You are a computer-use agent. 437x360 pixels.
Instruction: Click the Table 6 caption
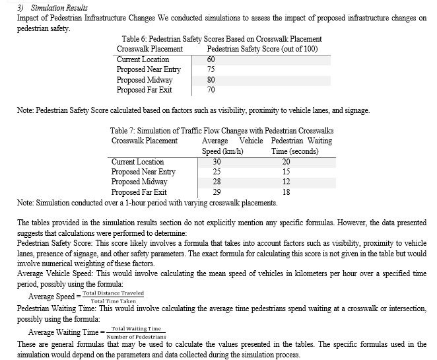[x=222, y=40]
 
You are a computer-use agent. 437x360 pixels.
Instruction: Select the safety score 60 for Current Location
[x=211, y=59]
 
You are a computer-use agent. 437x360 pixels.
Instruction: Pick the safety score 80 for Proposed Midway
[x=211, y=80]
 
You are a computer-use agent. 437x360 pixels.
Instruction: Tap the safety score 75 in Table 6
[x=211, y=69]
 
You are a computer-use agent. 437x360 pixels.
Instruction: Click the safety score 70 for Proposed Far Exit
[x=211, y=90]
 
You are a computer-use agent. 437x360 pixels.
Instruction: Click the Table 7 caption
[x=221, y=131]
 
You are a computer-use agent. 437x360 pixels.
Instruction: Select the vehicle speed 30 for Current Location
[x=217, y=162]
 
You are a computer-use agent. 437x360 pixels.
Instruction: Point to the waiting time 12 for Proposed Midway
[x=286, y=182]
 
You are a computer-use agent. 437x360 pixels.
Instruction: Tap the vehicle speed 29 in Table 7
[x=217, y=192]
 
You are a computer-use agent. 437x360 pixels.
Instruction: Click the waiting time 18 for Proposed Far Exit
[x=286, y=192]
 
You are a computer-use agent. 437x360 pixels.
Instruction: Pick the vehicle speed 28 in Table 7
[x=217, y=182]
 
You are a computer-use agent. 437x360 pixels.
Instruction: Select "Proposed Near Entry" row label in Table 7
[x=143, y=172]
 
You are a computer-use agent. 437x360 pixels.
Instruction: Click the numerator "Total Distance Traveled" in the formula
[x=113, y=293]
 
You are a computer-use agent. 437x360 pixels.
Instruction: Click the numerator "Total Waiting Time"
[x=136, y=328]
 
